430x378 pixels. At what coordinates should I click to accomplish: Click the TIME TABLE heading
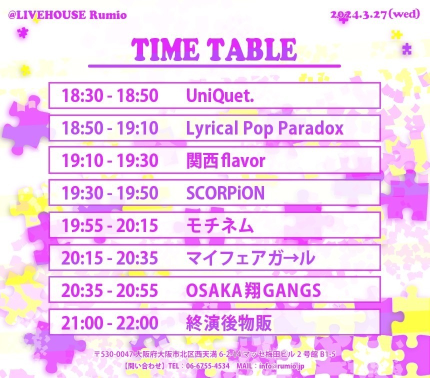click(214, 49)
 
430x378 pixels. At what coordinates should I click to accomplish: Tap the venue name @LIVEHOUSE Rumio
click(67, 15)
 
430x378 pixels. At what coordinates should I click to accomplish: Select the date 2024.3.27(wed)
click(375, 14)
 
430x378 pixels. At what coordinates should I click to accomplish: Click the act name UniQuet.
click(220, 95)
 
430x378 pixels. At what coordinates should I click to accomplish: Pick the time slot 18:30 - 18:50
click(110, 95)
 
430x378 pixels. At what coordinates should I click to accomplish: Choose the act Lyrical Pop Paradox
click(264, 128)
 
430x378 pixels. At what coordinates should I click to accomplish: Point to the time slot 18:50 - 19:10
click(110, 128)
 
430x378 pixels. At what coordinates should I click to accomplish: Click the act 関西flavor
click(225, 160)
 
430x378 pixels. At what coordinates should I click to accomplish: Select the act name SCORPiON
click(225, 193)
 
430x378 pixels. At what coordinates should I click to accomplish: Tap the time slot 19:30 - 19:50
click(110, 193)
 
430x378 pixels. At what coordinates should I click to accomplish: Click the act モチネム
click(220, 225)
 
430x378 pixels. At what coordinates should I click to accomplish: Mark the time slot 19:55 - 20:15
click(110, 225)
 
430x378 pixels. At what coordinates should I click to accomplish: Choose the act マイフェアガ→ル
click(250, 258)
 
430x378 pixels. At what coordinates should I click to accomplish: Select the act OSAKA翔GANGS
click(253, 290)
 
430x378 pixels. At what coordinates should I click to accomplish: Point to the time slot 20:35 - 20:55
click(110, 290)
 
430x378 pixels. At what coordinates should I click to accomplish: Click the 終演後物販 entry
click(229, 323)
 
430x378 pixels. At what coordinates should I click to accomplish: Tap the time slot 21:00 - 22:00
click(110, 322)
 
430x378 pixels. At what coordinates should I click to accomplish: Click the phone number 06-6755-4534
click(208, 366)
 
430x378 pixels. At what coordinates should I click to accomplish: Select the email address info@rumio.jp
click(281, 366)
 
